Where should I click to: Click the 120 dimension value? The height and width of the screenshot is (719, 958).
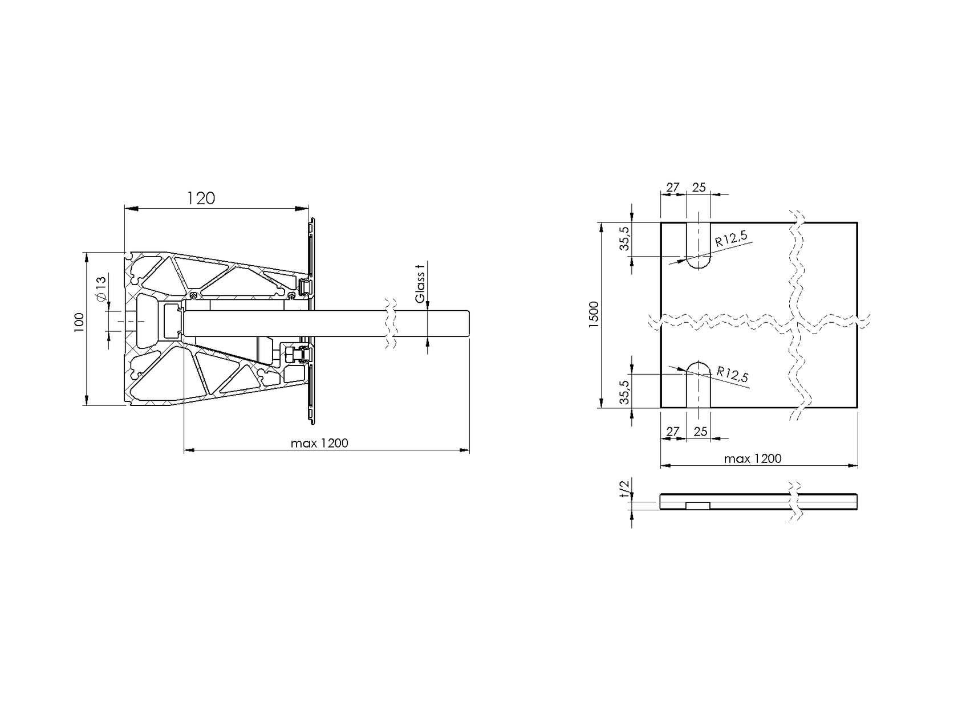point(201,198)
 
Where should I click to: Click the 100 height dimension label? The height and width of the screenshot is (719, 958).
point(79,322)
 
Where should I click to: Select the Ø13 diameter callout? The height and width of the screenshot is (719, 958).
point(100,290)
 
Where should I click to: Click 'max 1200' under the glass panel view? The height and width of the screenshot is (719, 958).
point(752,458)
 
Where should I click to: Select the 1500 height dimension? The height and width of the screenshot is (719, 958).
point(594,314)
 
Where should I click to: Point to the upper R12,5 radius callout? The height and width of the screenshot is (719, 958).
point(731,239)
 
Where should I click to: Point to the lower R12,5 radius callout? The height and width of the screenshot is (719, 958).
point(732,375)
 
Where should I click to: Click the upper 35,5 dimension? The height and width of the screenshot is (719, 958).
point(624,238)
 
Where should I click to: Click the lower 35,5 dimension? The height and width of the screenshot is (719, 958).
point(624,392)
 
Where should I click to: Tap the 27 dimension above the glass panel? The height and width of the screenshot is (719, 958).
point(673,187)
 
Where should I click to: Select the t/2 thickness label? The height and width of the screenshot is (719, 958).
point(624,489)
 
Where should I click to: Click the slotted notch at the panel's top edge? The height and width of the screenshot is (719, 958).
point(699,245)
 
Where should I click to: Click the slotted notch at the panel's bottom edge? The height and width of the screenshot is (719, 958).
point(699,385)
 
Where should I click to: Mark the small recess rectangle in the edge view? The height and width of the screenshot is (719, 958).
point(697,506)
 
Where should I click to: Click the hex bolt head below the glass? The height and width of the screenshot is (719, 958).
point(290,355)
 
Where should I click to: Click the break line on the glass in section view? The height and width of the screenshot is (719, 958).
point(391,324)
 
